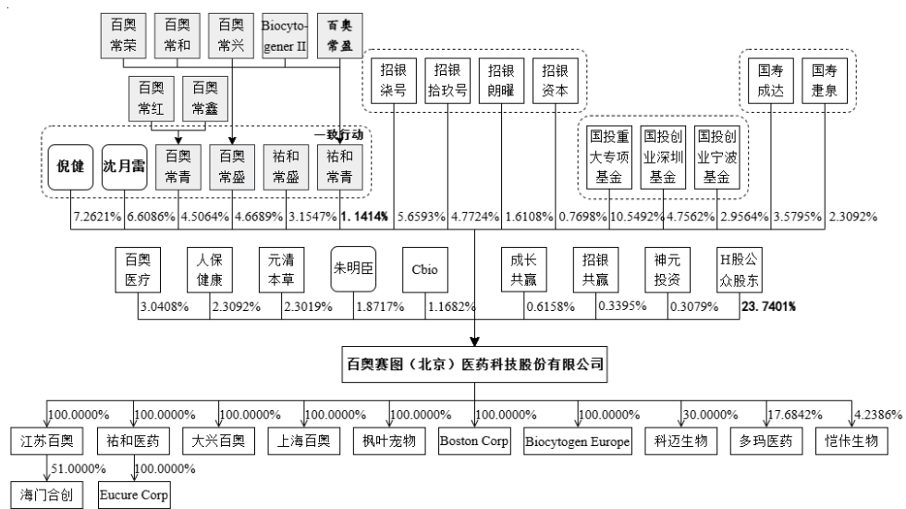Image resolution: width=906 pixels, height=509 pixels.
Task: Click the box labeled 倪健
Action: coord(70,168)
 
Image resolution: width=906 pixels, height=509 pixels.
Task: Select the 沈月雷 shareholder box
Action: coord(124,168)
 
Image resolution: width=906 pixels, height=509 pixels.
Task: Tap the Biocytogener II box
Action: coord(285,36)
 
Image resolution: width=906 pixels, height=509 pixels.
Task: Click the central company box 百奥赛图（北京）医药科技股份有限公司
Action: coord(474,365)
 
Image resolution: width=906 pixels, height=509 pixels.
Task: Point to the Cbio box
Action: coord(424,269)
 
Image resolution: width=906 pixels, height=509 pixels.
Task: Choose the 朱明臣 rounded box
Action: coord(353,269)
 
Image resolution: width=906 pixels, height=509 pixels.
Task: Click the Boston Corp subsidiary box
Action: coord(474,441)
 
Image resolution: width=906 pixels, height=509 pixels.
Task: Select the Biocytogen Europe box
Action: coord(577,441)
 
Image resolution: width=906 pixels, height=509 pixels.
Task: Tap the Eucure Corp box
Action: coord(134,495)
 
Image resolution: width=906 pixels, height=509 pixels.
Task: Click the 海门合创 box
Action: coord(47,495)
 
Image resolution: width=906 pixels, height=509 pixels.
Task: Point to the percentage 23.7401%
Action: coord(768,306)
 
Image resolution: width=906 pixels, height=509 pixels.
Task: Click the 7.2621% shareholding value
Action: coord(97,217)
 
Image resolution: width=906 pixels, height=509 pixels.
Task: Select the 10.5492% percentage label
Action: coord(637,217)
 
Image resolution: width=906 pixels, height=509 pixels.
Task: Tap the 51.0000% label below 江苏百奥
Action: coord(79,468)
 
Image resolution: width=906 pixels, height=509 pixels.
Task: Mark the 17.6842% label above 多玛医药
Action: coord(795,415)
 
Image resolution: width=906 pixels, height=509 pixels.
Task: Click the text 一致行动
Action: coord(339,135)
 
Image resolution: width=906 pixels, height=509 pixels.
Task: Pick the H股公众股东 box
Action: coord(739,270)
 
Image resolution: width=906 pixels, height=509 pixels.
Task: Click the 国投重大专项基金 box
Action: coord(609,157)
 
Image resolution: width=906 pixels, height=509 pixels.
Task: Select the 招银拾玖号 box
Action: coord(447,81)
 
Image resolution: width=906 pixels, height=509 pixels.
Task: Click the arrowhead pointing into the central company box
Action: coord(474,341)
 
